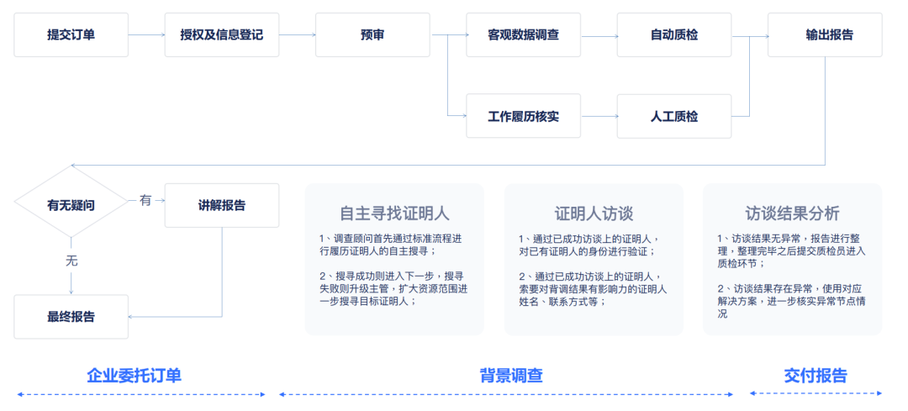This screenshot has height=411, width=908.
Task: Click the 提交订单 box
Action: pyautogui.click(x=71, y=35)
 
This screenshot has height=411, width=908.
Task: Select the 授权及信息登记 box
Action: pyautogui.click(x=222, y=35)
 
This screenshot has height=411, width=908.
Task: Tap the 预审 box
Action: pyautogui.click(x=372, y=35)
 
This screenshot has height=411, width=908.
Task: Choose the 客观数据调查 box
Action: pyautogui.click(x=523, y=35)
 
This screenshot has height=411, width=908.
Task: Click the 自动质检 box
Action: pyautogui.click(x=674, y=35)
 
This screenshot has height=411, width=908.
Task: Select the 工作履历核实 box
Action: pyautogui.click(x=523, y=116)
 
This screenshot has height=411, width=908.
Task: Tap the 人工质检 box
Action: pyautogui.click(x=674, y=116)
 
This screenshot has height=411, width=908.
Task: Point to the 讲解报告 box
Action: pyautogui.click(x=222, y=205)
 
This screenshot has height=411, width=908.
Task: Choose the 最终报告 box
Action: pyautogui.click(x=71, y=317)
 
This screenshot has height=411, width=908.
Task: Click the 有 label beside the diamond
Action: pyautogui.click(x=145, y=201)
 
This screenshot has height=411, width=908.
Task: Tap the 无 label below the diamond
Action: pyautogui.click(x=71, y=261)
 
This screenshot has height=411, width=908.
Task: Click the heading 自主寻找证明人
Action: pyautogui.click(x=394, y=212)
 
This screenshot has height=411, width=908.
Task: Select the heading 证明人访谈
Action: pyautogui.click(x=594, y=212)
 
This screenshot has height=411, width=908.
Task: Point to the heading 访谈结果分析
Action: pyautogui.click(x=792, y=212)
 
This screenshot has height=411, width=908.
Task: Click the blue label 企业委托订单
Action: pyautogui.click(x=135, y=376)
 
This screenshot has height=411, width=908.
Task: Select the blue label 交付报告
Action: pyautogui.click(x=816, y=376)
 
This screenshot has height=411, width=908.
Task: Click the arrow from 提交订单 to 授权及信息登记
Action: pyautogui.click(x=146, y=35)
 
